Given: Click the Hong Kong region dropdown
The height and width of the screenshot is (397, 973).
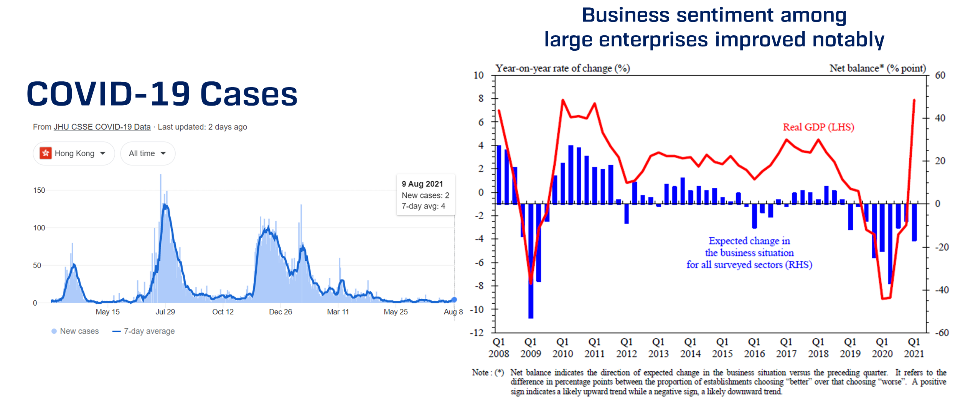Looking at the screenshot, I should click(x=74, y=154).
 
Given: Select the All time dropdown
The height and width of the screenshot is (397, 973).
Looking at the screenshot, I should click(x=147, y=154).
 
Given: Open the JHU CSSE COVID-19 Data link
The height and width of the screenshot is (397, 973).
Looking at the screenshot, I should click(x=102, y=127).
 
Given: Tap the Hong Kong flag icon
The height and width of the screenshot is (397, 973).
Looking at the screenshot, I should click(x=46, y=153).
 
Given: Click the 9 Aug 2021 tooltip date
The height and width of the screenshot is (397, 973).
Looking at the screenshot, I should click(x=422, y=184).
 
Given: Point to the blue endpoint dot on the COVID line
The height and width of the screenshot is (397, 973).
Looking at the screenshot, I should click(x=454, y=299).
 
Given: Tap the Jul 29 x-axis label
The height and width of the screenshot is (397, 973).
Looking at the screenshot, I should click(x=165, y=312).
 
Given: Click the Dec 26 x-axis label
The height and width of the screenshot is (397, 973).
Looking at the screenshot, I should click(x=280, y=312).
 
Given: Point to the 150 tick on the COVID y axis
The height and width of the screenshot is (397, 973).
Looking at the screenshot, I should click(x=39, y=190).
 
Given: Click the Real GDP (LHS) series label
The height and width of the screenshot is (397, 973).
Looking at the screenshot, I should click(x=818, y=127).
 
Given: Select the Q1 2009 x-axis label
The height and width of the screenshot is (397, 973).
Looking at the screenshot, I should click(x=531, y=348).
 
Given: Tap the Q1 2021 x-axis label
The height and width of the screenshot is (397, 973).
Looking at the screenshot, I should click(x=914, y=348).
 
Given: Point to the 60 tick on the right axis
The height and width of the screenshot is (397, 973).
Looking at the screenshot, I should click(x=940, y=75).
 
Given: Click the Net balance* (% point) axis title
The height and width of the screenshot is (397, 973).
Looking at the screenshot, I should click(x=877, y=68).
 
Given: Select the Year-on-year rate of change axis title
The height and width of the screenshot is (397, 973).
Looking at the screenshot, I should click(x=562, y=68).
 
